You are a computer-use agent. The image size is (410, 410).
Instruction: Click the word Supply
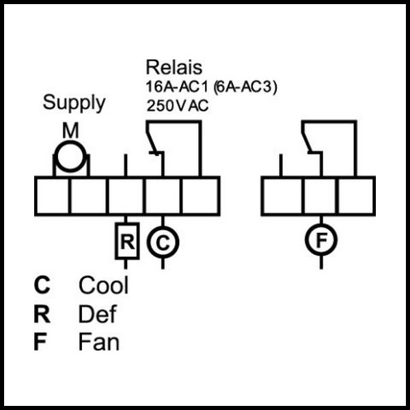(74, 103)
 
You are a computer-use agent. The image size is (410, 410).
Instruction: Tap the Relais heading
(174, 68)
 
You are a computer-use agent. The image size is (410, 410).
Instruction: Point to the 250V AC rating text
(177, 106)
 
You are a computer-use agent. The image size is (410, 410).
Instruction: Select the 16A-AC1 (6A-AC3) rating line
(211, 87)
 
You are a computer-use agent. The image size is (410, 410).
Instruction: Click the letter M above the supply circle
(70, 131)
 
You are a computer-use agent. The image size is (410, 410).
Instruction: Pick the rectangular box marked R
(127, 241)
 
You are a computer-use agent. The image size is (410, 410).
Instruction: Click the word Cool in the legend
(104, 285)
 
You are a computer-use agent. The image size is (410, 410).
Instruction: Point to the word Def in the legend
(97, 314)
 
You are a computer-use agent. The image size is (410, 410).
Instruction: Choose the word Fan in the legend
(99, 342)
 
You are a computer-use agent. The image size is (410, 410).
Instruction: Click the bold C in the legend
(42, 285)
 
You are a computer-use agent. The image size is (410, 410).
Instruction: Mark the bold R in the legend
(42, 314)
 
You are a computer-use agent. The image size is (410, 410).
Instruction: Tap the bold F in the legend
(40, 342)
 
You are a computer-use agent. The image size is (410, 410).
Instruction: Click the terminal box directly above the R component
(126, 196)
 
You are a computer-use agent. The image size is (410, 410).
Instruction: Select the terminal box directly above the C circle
(163, 196)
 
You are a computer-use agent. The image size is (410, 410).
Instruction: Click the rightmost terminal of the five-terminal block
(200, 196)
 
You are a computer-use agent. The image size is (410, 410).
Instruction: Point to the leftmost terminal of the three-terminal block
(282, 196)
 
